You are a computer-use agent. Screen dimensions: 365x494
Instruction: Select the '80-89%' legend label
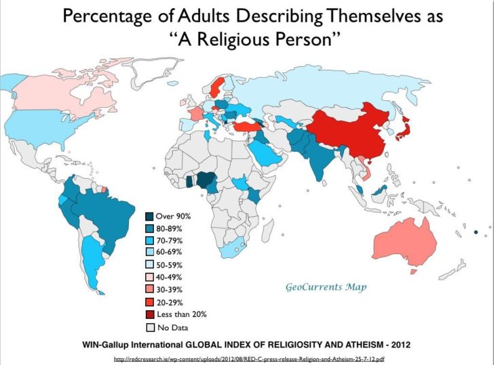[x=170, y=228]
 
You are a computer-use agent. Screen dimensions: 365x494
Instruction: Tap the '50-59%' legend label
[x=170, y=265]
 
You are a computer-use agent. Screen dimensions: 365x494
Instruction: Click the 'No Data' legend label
[x=172, y=327]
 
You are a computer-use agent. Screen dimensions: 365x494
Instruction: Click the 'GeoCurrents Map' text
[x=326, y=287]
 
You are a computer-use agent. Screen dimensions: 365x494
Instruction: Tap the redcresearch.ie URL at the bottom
[x=248, y=358]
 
